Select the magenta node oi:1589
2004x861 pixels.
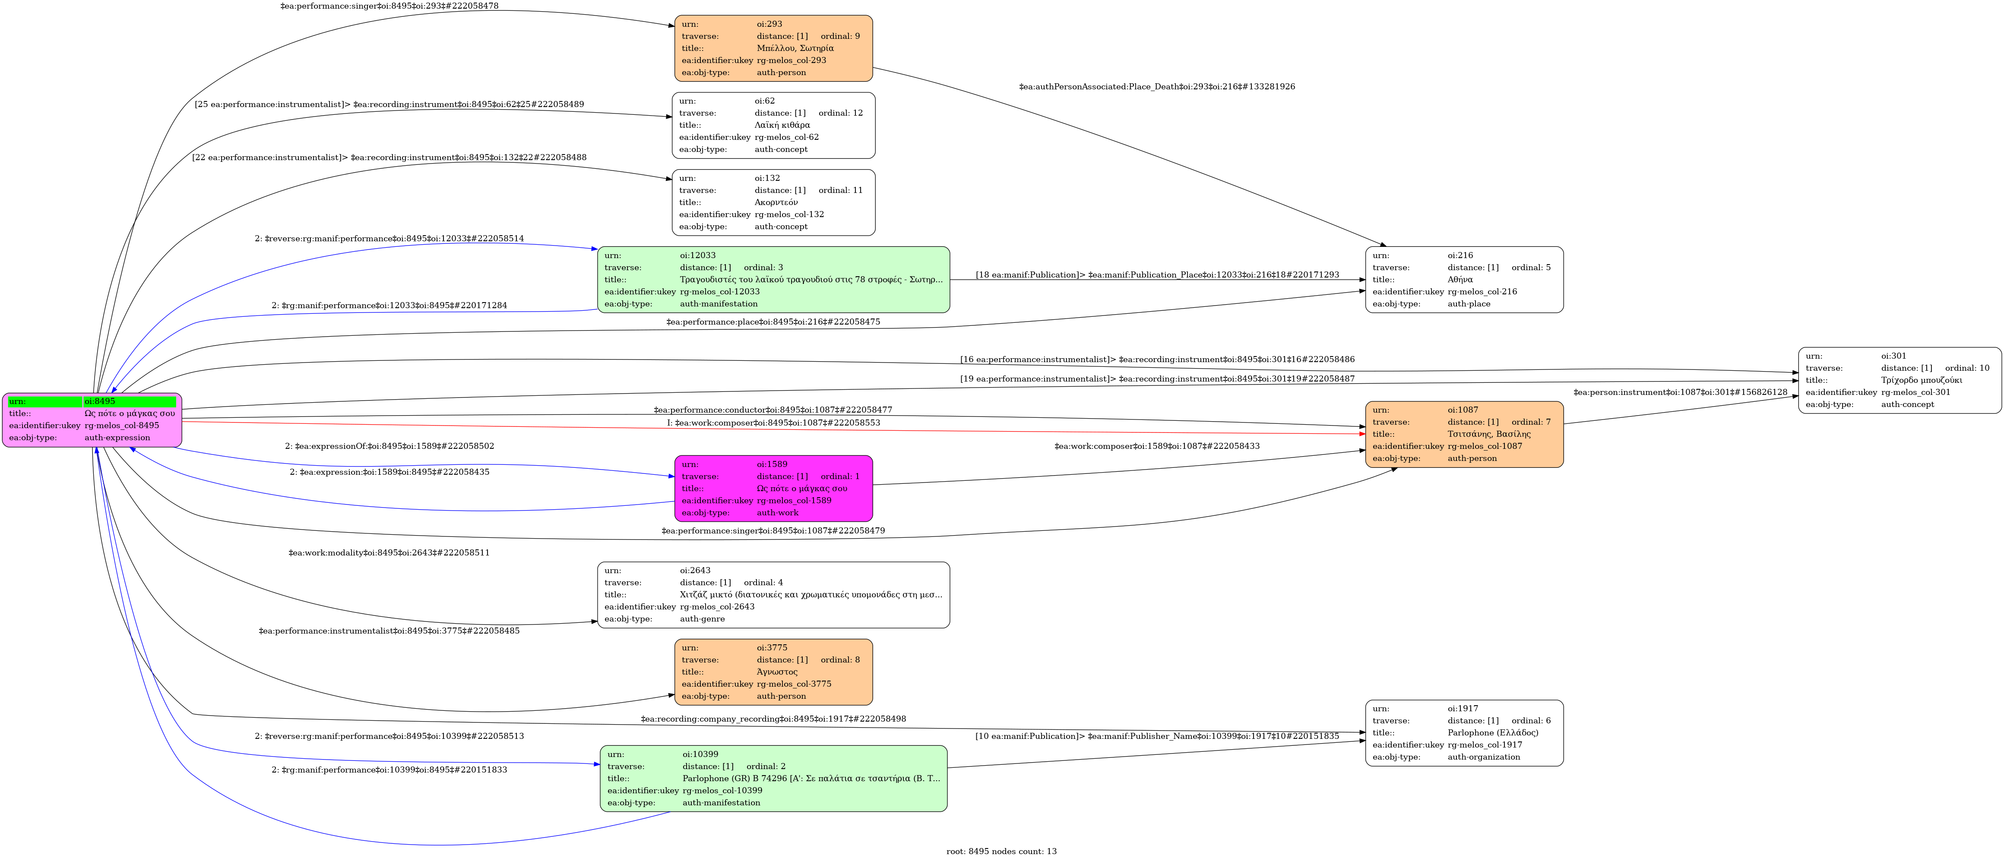773,489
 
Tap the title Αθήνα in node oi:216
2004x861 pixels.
1460,279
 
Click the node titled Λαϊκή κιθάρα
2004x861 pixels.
773,125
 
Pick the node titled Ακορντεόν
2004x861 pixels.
773,202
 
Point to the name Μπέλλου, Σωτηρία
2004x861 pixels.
795,48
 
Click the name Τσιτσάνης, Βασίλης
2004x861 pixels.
1489,434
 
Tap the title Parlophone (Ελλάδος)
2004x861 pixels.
1493,733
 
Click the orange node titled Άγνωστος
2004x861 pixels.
773,672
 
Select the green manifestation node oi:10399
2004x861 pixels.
773,779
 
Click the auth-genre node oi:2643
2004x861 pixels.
773,595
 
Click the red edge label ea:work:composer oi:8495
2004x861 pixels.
773,423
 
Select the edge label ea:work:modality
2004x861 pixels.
389,553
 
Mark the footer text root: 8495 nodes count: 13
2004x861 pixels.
1001,852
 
